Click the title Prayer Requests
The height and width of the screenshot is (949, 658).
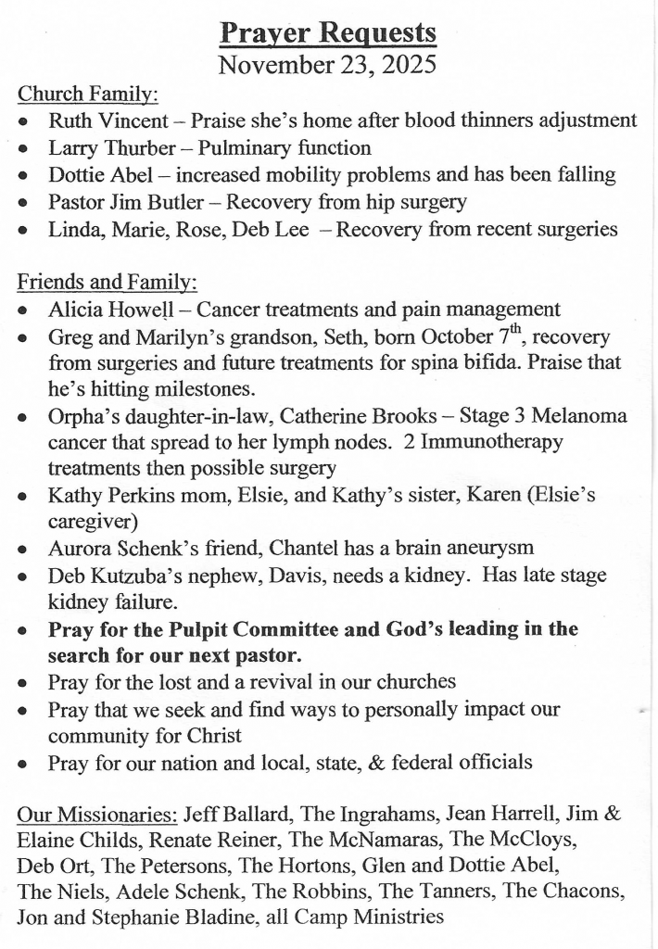pyautogui.click(x=328, y=33)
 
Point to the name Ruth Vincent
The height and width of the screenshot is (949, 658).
pyautogui.click(x=108, y=120)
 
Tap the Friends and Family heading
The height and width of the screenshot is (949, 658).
pyautogui.click(x=107, y=283)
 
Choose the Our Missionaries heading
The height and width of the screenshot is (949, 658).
pyautogui.click(x=97, y=816)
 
